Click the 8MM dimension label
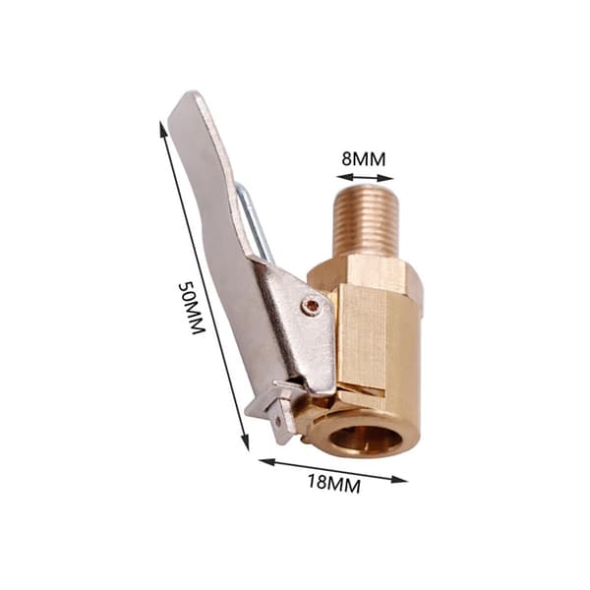tap(364, 159)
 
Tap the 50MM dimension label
tap(192, 308)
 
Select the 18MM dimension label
tap(334, 484)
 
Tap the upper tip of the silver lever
tap(194, 93)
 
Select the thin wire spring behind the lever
tap(253, 221)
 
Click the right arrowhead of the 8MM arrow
tap(387, 178)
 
